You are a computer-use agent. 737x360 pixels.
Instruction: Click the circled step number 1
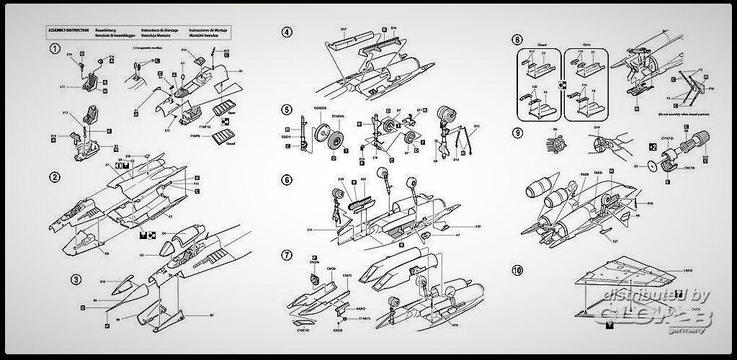point(54,49)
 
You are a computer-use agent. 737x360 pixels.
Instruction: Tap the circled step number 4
point(287,32)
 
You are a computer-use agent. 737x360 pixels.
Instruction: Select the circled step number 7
point(287,255)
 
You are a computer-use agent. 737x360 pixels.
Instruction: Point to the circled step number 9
point(517,132)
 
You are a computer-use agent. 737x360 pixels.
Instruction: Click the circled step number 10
point(517,270)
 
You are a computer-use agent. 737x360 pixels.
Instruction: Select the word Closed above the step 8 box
point(542,43)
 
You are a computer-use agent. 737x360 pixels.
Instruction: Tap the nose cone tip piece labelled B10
point(122,282)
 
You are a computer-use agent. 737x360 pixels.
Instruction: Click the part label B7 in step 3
point(212,315)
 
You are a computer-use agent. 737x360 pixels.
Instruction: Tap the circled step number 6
point(287,179)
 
